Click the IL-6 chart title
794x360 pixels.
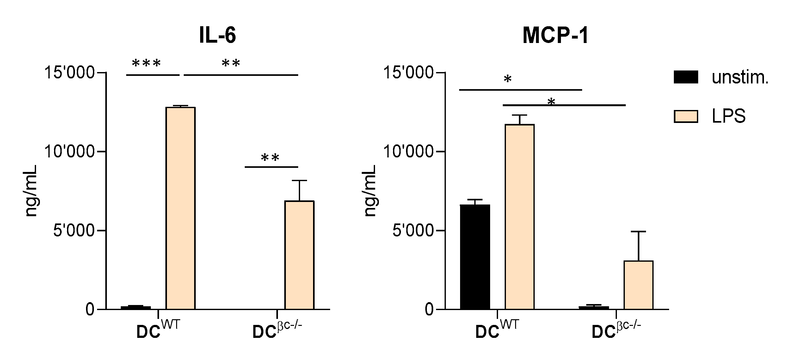(218, 35)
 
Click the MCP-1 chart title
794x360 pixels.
(555, 35)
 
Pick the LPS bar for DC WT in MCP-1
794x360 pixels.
(520, 217)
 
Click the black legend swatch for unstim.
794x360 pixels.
(686, 77)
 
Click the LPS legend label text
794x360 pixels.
(729, 116)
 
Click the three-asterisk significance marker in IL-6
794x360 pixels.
(146, 64)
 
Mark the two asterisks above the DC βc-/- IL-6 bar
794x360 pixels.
(270, 157)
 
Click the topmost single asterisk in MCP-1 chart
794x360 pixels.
(507, 79)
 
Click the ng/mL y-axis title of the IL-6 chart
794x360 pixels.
(31, 191)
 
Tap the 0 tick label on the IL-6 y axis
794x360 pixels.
(90, 309)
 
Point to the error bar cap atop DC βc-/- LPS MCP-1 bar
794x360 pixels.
(638, 232)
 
